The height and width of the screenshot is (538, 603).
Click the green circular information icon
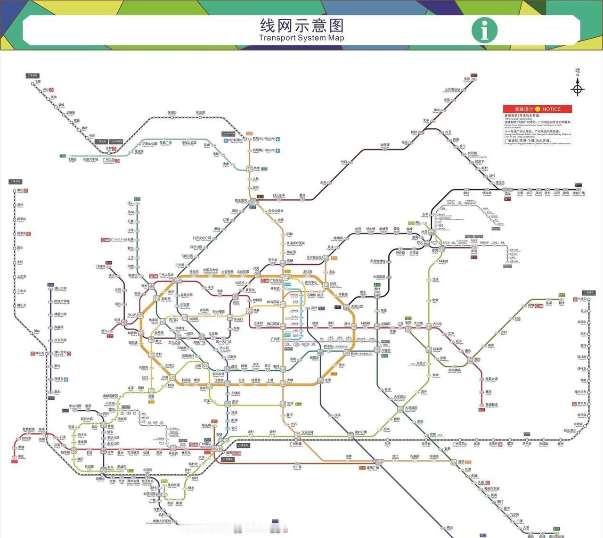[484, 30]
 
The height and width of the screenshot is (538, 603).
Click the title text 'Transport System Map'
[301, 38]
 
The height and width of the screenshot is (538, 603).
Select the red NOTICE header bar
[537, 109]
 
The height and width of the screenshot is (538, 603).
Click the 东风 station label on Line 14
[467, 79]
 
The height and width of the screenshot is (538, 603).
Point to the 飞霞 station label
[38, 82]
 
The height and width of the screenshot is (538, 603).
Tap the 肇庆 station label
[20, 190]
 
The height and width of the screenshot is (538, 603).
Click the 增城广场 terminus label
[579, 193]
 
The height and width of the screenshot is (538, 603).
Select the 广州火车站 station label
[166, 275]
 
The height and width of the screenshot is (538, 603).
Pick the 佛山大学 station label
[60, 289]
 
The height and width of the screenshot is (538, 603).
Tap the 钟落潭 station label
[385, 145]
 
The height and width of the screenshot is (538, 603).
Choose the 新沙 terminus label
[562, 303]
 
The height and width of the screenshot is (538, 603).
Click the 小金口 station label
[583, 299]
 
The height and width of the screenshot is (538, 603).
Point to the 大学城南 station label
[411, 408]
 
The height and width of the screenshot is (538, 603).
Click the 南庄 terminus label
[21, 456]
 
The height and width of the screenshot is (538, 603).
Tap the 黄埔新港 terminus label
[491, 405]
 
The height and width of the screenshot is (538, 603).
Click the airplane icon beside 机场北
[278, 139]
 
